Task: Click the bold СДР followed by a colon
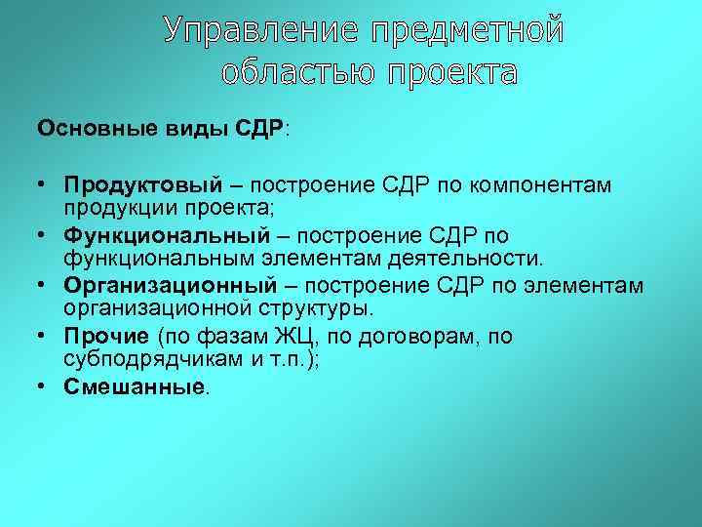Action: [260, 129]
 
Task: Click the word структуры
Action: [323, 308]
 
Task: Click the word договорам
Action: [407, 337]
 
